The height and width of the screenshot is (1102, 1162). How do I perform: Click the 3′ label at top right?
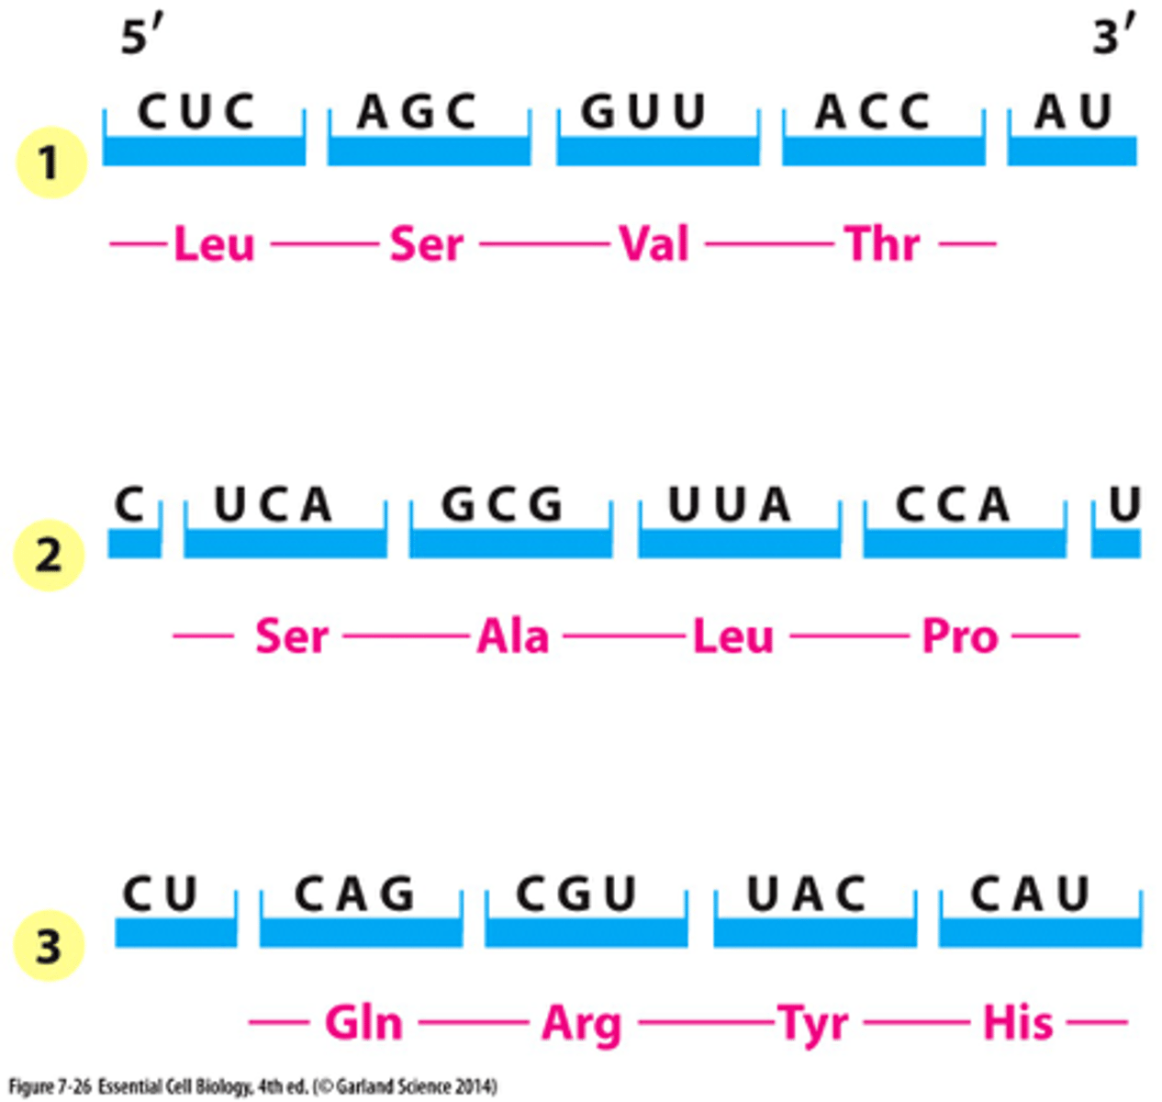coord(1113,37)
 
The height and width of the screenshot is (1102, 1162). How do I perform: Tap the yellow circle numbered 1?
coord(50,163)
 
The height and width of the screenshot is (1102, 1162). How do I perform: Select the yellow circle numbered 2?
coord(48,556)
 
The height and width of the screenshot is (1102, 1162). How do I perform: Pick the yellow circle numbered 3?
coord(48,946)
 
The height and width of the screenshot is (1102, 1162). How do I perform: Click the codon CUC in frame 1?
coord(196,113)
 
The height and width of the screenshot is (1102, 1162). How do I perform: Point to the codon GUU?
coord(644,113)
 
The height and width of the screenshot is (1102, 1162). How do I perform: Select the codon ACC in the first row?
coord(873,113)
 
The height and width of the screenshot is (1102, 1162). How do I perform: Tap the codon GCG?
coord(502,504)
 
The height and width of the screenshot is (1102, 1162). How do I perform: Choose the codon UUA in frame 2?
coord(730,504)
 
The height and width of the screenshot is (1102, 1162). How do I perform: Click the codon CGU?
coord(576,894)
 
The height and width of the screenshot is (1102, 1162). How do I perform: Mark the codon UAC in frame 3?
coord(807,894)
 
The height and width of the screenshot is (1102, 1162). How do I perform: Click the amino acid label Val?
coord(654,245)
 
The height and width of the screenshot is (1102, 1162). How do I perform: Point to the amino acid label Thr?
coord(882,245)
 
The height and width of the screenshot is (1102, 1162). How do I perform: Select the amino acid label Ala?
coord(512,636)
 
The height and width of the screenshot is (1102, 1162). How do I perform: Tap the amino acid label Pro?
coord(959,636)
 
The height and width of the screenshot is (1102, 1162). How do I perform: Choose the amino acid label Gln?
coord(363,1023)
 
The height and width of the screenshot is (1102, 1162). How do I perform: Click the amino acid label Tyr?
coord(812,1023)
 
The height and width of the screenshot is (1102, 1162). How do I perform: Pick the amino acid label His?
coord(1019,1023)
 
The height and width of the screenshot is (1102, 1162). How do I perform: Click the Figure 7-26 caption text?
coord(252,1087)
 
